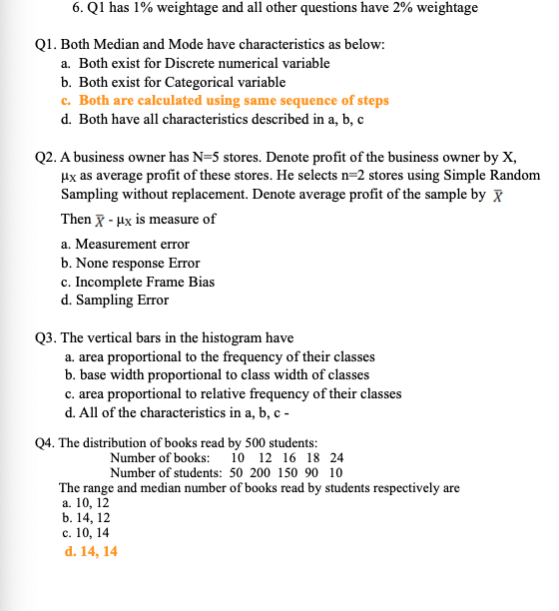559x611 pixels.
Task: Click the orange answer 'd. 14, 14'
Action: tap(89, 550)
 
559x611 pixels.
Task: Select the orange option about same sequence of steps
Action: tap(225, 101)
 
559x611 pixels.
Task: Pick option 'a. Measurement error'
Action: tap(125, 244)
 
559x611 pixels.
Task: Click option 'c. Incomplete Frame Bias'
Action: tap(137, 282)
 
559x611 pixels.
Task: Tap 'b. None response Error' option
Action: tap(130, 263)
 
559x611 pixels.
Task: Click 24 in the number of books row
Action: tap(336, 457)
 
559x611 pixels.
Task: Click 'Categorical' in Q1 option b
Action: tap(182, 82)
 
